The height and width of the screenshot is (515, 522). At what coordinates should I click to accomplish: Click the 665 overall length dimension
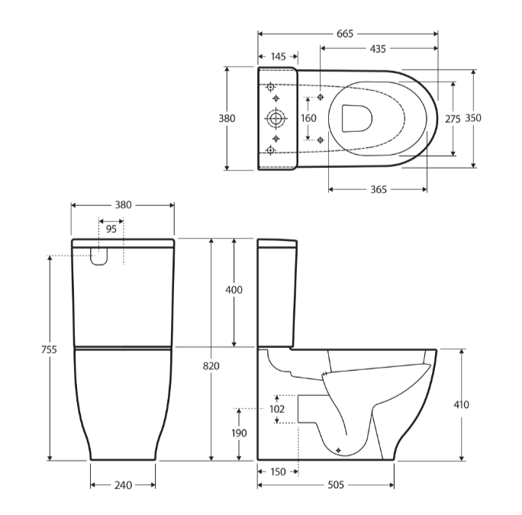tap(347, 33)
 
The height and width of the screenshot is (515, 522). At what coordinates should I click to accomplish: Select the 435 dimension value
tap(377, 48)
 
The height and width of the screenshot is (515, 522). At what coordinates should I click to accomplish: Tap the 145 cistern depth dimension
tap(278, 57)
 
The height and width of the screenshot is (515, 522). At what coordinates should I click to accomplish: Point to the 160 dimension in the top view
tap(308, 118)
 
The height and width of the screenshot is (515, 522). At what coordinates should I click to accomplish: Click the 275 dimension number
tap(453, 118)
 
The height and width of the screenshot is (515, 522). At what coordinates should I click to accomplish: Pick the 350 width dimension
tap(473, 118)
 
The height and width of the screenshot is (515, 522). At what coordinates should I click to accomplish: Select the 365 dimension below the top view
tap(377, 189)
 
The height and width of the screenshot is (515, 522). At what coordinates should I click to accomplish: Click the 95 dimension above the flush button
tap(111, 229)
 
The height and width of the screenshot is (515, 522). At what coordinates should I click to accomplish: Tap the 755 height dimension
tap(49, 349)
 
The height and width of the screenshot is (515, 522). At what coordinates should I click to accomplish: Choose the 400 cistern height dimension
tap(234, 290)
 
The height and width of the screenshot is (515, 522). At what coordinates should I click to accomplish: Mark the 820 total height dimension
tap(211, 366)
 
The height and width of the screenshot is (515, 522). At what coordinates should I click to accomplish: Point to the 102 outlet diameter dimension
tap(277, 409)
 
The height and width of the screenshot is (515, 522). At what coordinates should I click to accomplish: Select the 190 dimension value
tap(240, 433)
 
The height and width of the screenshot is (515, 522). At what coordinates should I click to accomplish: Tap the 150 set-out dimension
tap(278, 472)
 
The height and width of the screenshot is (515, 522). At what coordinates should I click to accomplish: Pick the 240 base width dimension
tap(123, 484)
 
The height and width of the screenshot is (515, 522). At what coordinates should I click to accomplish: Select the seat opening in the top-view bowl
tap(356, 118)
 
